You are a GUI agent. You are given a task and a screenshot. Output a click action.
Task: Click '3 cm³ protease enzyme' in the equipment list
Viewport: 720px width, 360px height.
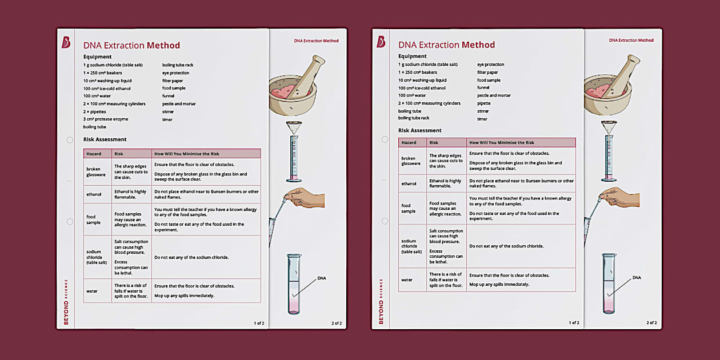(105, 119)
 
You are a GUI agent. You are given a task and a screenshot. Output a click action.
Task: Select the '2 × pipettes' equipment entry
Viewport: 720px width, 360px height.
(95, 111)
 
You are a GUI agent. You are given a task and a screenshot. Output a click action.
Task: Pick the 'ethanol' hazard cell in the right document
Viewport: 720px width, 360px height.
(409, 183)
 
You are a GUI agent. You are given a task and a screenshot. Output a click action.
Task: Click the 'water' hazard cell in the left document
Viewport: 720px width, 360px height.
(92, 291)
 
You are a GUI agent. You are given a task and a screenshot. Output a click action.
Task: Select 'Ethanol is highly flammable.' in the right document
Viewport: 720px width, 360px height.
(445, 183)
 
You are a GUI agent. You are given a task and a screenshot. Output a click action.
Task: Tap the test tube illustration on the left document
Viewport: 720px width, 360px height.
(294, 284)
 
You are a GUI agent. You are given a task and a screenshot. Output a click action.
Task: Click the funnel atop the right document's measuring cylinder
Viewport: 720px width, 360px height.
(609, 127)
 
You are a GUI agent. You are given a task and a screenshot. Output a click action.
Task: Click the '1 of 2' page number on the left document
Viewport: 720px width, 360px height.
(259, 323)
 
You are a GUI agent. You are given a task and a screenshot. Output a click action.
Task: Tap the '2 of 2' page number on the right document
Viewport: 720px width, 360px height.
(651, 323)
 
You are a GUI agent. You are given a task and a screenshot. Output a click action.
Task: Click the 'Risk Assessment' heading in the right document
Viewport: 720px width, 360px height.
(419, 130)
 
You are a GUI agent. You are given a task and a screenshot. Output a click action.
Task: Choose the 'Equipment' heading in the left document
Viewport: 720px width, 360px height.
(97, 57)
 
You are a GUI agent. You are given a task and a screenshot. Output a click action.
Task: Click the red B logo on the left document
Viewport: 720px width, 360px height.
(66, 42)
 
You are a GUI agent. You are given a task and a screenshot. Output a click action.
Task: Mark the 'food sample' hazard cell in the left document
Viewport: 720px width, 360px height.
(91, 219)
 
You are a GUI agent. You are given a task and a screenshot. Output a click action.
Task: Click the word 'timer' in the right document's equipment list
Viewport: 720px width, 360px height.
(482, 119)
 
